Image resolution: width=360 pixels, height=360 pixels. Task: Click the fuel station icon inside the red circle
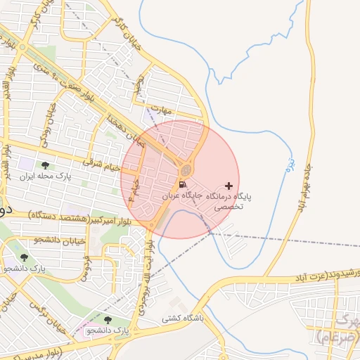183,185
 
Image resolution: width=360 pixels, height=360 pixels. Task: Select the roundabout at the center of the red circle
186,169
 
